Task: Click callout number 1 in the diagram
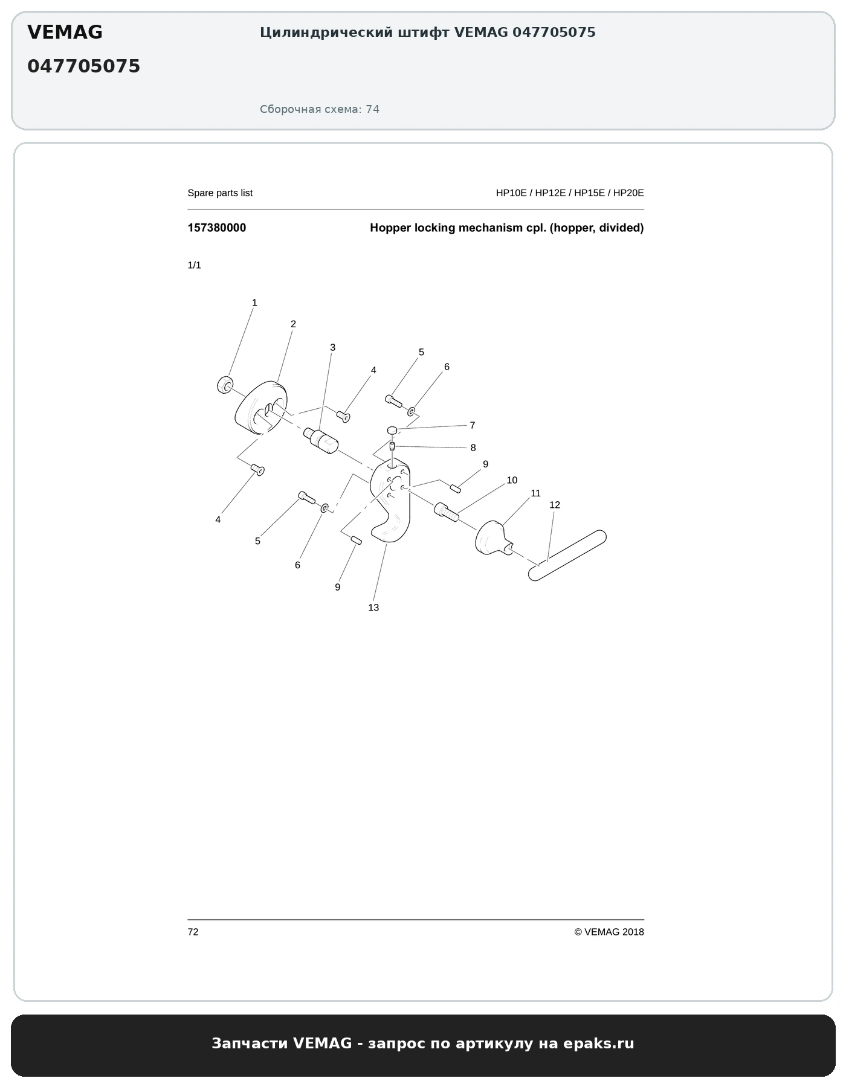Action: (254, 303)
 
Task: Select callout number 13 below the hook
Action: (373, 608)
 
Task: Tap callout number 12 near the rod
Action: (555, 505)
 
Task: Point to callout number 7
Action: (473, 425)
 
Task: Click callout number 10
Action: (512, 480)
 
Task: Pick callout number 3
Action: (332, 347)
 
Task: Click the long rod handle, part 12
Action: (567, 555)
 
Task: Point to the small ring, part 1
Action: (225, 384)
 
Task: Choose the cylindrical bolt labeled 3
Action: (321, 440)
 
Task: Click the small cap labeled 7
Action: (392, 430)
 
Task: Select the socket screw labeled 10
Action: (447, 512)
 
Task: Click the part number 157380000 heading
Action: (217, 228)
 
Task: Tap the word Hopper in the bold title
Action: (390, 228)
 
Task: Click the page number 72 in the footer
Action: (193, 932)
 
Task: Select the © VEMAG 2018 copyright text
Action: (609, 932)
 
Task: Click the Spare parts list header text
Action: (220, 193)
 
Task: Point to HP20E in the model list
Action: (628, 193)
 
